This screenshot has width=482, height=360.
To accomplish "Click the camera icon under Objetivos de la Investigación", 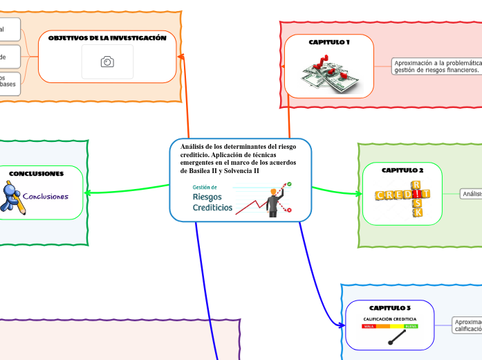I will click(x=107, y=62).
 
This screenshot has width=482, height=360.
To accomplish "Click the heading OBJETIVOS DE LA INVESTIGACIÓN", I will click(x=107, y=38).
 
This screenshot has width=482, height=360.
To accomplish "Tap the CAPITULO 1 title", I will click(x=328, y=42).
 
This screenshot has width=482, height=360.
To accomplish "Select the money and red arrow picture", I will click(x=328, y=74).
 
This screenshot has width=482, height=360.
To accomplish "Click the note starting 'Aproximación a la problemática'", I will click(x=436, y=66).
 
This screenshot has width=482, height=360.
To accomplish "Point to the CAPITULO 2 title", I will click(x=402, y=169).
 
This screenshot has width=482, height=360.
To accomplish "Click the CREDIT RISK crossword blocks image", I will click(x=402, y=199).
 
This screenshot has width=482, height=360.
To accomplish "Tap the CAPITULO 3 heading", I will click(x=390, y=307).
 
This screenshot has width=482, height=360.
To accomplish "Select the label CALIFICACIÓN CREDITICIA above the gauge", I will click(x=390, y=318).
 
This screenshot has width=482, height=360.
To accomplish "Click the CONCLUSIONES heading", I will click(x=37, y=173).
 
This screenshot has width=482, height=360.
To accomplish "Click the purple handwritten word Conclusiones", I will click(x=46, y=197).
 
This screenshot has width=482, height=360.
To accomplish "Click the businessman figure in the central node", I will click(x=275, y=202).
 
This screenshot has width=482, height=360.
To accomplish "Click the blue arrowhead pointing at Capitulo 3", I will click(x=340, y=324).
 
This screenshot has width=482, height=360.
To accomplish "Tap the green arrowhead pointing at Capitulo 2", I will click(x=358, y=194).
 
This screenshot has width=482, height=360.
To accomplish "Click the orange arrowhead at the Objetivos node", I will click(x=181, y=57).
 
